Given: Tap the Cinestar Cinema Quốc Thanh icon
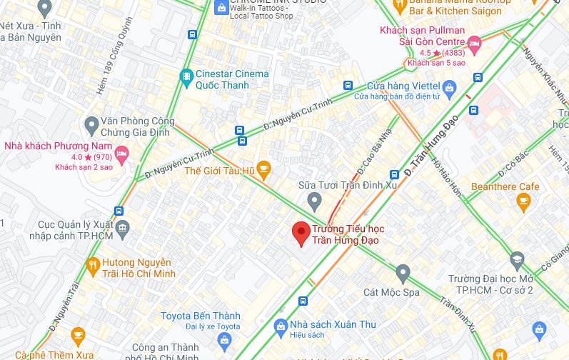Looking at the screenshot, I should (186, 75).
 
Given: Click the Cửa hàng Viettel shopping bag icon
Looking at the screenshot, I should (449, 89).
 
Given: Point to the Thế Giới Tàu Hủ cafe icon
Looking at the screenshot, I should (263, 170).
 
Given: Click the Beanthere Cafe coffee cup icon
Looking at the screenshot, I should (524, 203).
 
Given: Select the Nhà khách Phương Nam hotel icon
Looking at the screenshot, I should (121, 152).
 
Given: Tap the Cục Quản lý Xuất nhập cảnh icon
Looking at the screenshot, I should (123, 230).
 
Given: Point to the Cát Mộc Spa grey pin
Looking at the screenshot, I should (403, 273).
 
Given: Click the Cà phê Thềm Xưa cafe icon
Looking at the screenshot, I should (78, 336).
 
